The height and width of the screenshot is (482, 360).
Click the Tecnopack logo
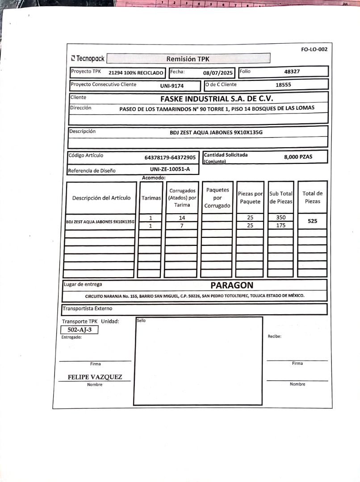point(88,58)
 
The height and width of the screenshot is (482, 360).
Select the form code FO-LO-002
point(314,49)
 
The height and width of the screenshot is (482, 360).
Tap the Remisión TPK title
point(188,59)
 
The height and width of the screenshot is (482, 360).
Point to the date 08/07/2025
point(218,73)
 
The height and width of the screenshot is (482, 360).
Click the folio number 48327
point(292,71)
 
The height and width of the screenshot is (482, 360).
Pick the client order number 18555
point(283,84)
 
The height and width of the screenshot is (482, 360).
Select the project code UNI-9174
point(172,85)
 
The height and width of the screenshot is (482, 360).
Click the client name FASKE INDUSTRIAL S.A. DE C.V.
point(217,99)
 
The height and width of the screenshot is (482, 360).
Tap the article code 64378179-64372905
point(170,158)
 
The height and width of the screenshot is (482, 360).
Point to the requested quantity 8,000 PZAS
point(298,157)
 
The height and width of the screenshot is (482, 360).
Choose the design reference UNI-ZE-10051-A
point(170,169)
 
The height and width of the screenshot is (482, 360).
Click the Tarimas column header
point(151,198)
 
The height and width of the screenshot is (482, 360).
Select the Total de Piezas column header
point(312,197)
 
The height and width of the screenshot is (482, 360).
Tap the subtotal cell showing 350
point(280,218)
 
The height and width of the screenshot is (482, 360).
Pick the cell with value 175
point(280,225)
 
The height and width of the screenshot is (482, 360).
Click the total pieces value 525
point(312,221)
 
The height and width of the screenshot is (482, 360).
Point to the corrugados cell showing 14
point(181,218)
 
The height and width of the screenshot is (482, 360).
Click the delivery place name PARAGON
point(232,285)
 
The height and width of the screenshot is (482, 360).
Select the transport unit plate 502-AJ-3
point(79,330)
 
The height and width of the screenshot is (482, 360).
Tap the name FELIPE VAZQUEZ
point(95,377)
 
